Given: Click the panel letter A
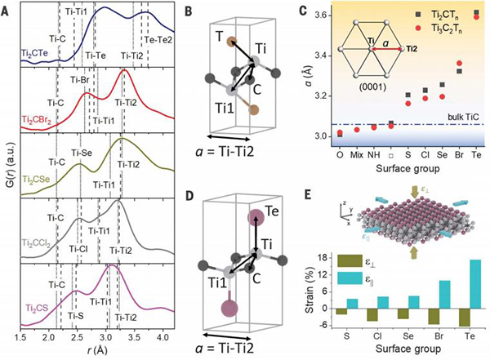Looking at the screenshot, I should pyautogui.click(x=7, y=11).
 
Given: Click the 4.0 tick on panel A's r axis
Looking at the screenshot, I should pyautogui.click(x=162, y=336).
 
